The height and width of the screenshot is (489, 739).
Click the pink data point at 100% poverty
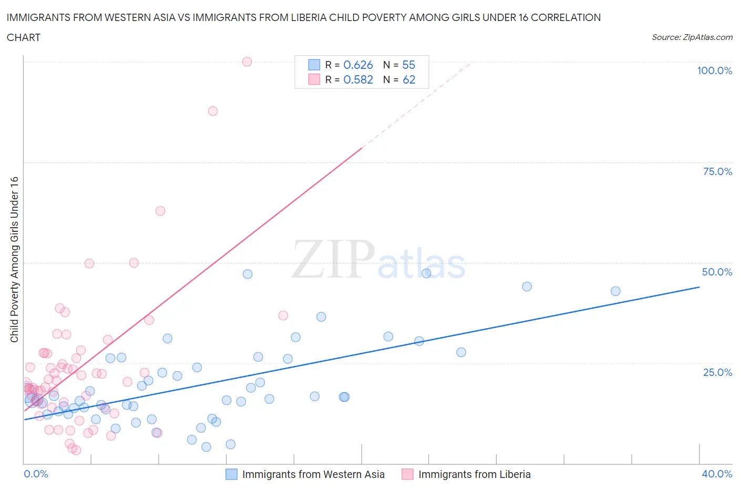pos(247,62)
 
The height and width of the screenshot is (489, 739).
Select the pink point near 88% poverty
pos(213,111)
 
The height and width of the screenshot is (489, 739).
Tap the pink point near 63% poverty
pos(160,211)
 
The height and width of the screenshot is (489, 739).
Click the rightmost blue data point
pos(615,291)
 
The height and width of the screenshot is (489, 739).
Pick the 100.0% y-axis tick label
pos(714,70)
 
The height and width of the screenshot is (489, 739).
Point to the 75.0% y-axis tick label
pos(717,171)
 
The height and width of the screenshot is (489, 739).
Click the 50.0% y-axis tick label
pos(717,272)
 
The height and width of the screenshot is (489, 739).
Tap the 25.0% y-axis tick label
pos(717,372)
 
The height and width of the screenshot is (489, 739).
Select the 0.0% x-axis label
pos(36,474)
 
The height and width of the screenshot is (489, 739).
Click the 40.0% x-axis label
pos(717,474)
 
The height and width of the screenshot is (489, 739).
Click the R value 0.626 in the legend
pos(358,65)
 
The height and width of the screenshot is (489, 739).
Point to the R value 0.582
pos(358,79)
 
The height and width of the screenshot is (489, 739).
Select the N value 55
pos(408,65)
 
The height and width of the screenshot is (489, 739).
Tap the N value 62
pos(409,79)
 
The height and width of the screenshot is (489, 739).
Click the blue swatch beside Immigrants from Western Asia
pos(231,474)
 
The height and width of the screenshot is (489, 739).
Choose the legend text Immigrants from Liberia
pos(474,474)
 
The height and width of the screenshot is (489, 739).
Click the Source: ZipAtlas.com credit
pos(692,37)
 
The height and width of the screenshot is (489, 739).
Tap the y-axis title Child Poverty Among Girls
pos(14,259)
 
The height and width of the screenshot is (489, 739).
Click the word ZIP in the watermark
pos(332,259)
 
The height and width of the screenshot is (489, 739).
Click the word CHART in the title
pos(24,37)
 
